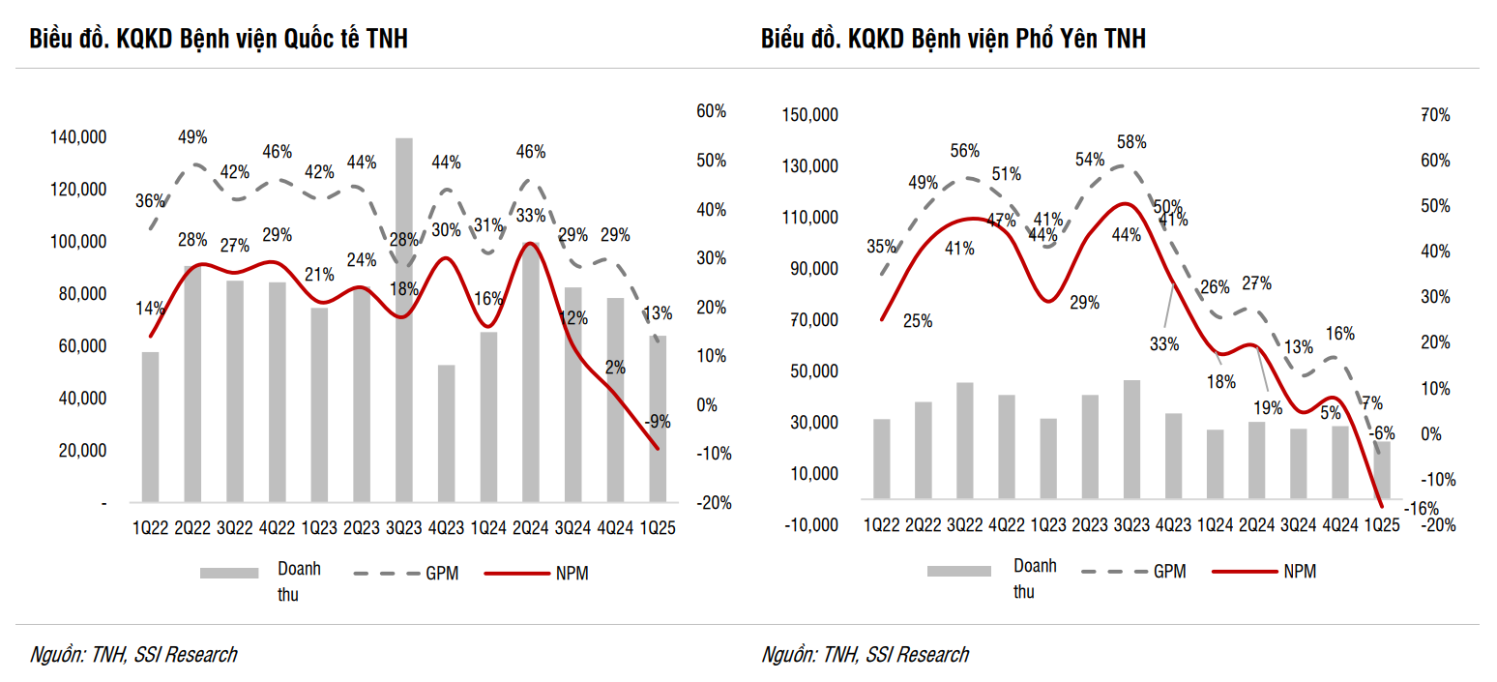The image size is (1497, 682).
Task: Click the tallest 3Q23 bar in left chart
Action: pyautogui.click(x=403, y=319)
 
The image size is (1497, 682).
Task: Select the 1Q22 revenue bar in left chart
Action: pyautogui.click(x=150, y=427)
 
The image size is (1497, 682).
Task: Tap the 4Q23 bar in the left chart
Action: pyautogui.click(x=446, y=433)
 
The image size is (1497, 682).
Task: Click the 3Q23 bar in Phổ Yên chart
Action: pyautogui.click(x=1130, y=440)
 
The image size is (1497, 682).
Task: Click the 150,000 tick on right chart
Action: pyautogui.click(x=810, y=115)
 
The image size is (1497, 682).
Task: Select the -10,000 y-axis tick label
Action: pyautogui.click(x=810, y=524)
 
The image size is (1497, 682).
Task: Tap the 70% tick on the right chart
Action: pyautogui.click(x=1435, y=115)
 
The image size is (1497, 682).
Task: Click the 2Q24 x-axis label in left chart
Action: pyautogui.click(x=531, y=528)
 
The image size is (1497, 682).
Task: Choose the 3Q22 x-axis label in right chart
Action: pyautogui.click(x=964, y=524)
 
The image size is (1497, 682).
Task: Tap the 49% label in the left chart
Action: pyautogui.click(x=192, y=137)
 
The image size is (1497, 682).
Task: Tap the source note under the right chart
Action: pyautogui.click(x=865, y=655)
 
